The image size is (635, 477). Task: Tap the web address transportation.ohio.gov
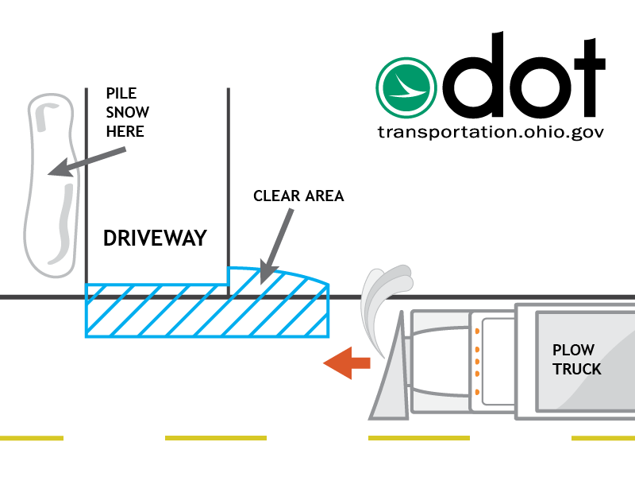[x=491, y=131]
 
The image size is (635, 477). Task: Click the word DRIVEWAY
[x=155, y=238]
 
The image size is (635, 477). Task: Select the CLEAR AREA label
[x=298, y=196]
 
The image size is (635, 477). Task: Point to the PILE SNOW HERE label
[x=127, y=112]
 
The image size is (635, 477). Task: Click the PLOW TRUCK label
[x=577, y=360]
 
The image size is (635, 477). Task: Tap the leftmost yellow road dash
[x=32, y=437]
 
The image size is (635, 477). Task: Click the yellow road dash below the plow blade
[x=418, y=437]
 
